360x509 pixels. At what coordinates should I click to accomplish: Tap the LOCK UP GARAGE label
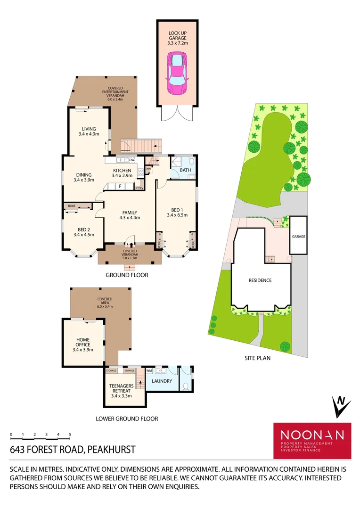(177, 36)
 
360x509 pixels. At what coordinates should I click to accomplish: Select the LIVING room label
(89, 131)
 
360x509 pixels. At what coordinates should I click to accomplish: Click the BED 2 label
(82, 231)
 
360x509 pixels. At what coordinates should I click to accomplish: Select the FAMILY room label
(130, 215)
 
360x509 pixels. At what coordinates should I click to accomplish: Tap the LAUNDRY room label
(162, 381)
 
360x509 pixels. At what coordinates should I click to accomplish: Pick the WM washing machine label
(149, 371)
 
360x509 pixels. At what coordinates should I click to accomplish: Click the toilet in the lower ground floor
(186, 386)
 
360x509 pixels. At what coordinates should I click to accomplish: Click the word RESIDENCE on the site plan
(260, 280)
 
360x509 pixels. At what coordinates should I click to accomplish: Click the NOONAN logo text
(312, 435)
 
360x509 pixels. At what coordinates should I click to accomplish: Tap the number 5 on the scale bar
(70, 434)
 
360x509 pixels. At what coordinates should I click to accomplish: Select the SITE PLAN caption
(257, 358)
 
